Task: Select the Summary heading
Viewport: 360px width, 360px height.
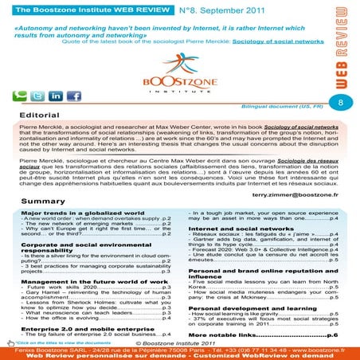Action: coord(43,202)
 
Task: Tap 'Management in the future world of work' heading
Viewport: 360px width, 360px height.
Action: coord(88,281)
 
